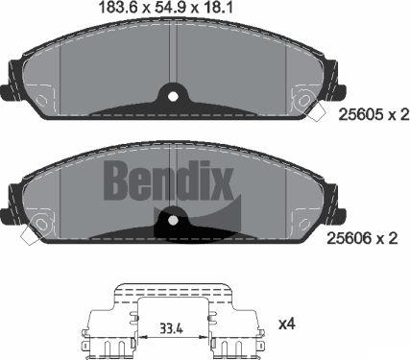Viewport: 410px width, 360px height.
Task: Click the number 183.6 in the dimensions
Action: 119,9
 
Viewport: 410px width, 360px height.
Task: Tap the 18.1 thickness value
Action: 225,9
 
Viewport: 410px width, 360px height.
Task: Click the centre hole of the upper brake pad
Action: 172,95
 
